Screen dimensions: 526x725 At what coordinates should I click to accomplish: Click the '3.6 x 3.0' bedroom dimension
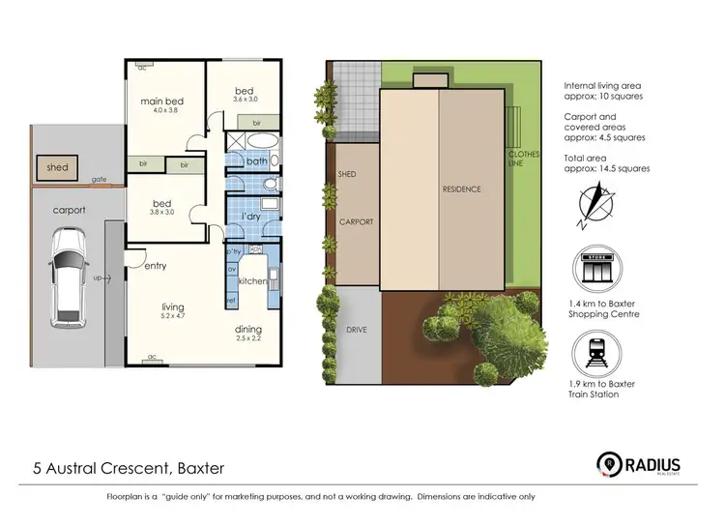pos(246,99)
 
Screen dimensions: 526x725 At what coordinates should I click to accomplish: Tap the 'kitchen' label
pos(251,280)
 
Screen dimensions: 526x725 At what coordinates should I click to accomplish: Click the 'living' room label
pos(172,308)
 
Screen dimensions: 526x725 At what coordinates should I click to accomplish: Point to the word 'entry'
pos(157,266)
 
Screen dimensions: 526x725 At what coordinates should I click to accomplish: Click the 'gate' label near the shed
pos(99,180)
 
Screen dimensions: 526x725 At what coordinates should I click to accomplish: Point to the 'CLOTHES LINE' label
pos(524,160)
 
